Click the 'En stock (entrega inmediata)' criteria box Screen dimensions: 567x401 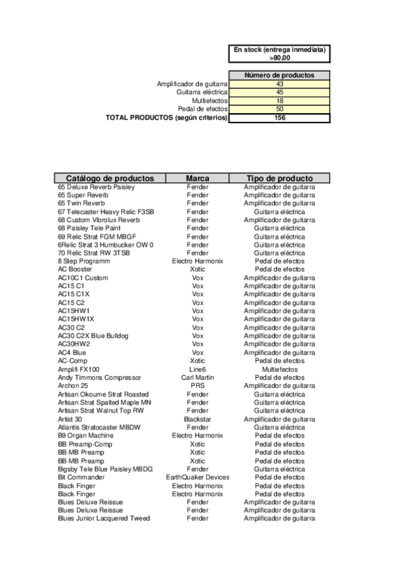pyautogui.click(x=279, y=54)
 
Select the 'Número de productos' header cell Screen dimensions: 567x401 pyautogui.click(x=279, y=76)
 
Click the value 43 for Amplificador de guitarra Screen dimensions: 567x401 pyautogui.click(x=279, y=84)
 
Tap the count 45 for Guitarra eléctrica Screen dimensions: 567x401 pyautogui.click(x=279, y=92)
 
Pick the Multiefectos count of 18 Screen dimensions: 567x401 pyautogui.click(x=279, y=100)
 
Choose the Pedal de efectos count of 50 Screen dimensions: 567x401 pyautogui.click(x=279, y=109)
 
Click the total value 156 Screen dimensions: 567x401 pyautogui.click(x=279, y=118)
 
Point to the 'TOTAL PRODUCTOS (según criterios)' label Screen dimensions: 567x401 pyautogui.click(x=167, y=118)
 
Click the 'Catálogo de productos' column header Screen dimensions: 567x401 pyautogui.click(x=110, y=179)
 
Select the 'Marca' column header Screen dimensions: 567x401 pyautogui.click(x=197, y=179)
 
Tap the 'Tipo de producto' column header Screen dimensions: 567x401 pyautogui.click(x=279, y=179)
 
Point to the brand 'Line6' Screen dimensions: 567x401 pyautogui.click(x=197, y=369)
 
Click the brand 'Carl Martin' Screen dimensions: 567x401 pyautogui.click(x=197, y=378)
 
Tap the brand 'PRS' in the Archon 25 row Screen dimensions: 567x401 pyautogui.click(x=197, y=386)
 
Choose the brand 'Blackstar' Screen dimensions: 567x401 pyautogui.click(x=197, y=419)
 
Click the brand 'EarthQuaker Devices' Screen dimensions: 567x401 pyautogui.click(x=197, y=477)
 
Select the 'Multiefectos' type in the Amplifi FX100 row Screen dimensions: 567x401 pyautogui.click(x=279, y=369)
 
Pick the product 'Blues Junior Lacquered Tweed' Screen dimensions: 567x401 pyautogui.click(x=104, y=519)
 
